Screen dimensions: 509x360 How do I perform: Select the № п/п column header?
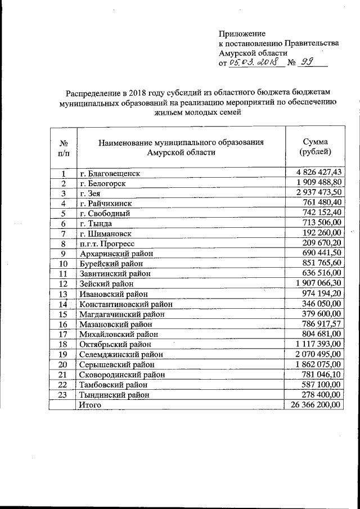pos(64,147)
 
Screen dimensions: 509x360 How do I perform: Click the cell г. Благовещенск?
pos(109,173)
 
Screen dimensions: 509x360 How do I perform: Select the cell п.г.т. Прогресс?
pos(108,244)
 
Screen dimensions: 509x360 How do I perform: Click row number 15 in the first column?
pos(64,314)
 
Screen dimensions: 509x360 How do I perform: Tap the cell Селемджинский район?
pos(120,355)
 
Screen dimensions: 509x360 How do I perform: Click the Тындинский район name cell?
pos(114,395)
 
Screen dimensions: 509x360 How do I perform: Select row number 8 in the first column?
pos(64,244)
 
